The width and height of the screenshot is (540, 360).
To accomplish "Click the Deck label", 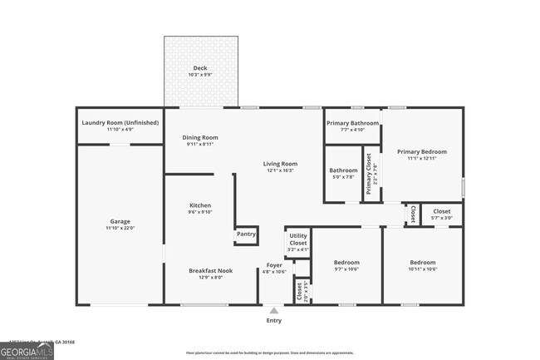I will coord(200,68).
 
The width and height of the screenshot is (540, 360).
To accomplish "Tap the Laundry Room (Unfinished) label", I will coord(120,123).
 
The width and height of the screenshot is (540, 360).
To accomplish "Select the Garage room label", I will coord(120,221).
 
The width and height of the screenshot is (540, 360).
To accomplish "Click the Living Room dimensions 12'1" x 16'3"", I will coord(280,170).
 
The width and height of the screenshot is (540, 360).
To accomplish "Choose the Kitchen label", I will coord(200,205).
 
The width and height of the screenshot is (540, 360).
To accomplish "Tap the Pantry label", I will coord(246,234).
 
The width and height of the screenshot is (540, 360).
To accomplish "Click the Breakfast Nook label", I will coord(210,270).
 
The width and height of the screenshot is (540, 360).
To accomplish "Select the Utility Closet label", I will coord(297,239).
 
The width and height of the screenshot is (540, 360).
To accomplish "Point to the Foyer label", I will coord(274,264).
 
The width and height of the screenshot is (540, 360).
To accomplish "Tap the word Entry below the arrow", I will coord(273,320).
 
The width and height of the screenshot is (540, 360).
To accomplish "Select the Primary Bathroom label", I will coord(352,123).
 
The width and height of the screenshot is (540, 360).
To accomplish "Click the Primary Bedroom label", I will coord(421,151).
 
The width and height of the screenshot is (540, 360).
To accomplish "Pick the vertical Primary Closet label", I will coord(369,173).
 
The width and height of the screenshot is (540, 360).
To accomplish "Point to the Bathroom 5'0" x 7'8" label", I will coord(343,170).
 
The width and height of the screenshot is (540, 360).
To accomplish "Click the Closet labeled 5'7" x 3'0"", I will coord(442,211).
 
